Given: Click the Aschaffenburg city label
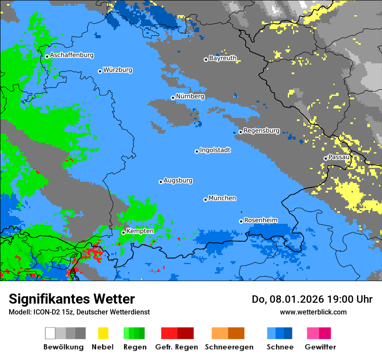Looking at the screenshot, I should tap(72, 55).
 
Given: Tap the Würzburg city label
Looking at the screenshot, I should tap(118, 70).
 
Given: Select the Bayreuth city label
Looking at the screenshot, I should tap(223, 58).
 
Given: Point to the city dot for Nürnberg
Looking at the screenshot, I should tap(173, 98).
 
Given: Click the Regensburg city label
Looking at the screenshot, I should tap(261, 131).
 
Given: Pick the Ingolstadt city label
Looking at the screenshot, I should tap(215, 150).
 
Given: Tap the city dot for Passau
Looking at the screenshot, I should tap(326, 158).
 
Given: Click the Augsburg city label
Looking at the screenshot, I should tap(178, 180).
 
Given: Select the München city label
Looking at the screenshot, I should tap(222, 198).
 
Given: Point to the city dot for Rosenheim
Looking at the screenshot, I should tap(241, 221).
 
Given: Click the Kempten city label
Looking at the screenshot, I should tap(140, 231).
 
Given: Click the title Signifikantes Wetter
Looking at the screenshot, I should tap(72, 299).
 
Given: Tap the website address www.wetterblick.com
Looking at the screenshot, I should tap(313, 312).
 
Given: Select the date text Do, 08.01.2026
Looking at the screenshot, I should tap(288, 299).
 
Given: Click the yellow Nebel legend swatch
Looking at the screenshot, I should tap(103, 333).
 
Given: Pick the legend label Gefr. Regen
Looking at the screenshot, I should tap(177, 347).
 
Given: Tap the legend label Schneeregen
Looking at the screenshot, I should tap(229, 347).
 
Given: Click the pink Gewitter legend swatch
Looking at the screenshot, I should tap(313, 333).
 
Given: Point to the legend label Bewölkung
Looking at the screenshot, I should tap(63, 347).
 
